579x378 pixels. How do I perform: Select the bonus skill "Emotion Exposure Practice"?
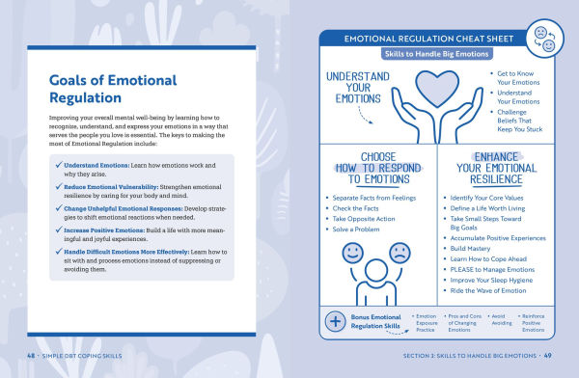click(426, 323)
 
